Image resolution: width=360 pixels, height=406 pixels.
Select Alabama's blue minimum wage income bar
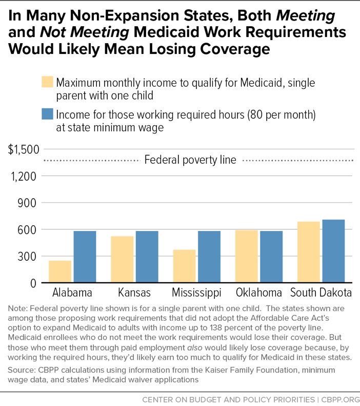(x=85, y=257)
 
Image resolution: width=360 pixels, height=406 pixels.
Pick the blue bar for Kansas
(x=147, y=257)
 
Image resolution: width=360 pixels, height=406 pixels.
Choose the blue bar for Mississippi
(x=209, y=257)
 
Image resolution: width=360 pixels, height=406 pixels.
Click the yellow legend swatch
(x=47, y=82)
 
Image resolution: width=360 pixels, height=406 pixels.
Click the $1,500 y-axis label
(x=24, y=149)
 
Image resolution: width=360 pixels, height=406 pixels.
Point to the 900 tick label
(x=26, y=203)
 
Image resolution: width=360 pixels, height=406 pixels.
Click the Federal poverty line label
(x=190, y=160)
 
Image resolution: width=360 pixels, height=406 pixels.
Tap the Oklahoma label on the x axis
(x=259, y=293)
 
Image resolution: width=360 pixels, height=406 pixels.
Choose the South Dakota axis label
(x=321, y=293)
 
